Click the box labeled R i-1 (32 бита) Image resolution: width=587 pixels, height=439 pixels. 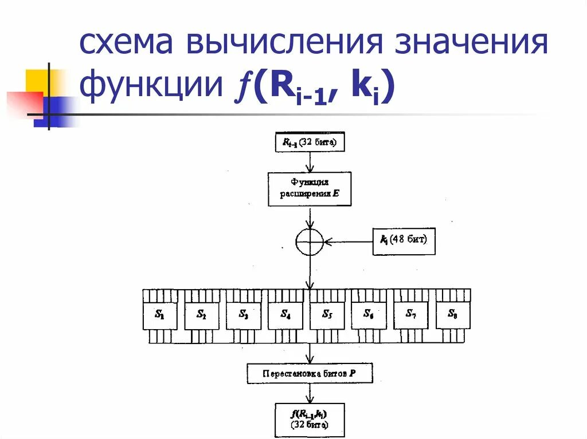310,143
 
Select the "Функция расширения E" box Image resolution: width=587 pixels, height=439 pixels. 310,189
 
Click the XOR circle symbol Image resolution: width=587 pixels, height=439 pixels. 310,242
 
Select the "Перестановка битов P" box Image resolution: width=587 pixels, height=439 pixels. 310,373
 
